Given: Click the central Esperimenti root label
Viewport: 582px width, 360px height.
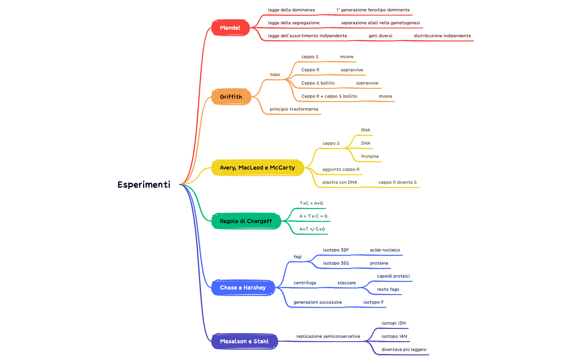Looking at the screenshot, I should pos(144,185).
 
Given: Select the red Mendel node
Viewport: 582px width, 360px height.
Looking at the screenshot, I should pos(230,28).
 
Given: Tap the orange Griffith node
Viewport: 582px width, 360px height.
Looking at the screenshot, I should pos(231,97).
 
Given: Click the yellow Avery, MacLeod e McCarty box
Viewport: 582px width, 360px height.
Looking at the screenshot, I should pos(257,167).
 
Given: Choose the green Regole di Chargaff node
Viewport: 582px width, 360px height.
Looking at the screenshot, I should pos(246,221).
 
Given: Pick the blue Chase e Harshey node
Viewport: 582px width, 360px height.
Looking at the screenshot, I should pos(243,288).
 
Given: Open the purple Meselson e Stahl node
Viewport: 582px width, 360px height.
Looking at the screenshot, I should pos(244,341).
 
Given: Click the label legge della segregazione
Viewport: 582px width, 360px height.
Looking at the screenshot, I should pos(294,23).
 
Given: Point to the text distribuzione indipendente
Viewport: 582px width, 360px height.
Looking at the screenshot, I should pos(442,36).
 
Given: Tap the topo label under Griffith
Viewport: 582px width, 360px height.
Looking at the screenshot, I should pos(275,74).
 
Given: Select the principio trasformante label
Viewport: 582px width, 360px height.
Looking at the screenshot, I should pos(294,109).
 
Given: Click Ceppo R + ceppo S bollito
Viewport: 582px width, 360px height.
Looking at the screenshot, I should pos(329,96).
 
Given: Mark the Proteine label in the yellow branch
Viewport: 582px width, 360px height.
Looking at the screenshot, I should pos(370,156).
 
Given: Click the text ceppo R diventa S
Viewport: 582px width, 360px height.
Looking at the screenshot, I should pos(397,182).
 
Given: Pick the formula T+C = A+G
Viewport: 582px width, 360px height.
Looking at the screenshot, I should pos(311,203).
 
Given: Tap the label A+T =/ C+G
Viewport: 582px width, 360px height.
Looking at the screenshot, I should pos(312,229).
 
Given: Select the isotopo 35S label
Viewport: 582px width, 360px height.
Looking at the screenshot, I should pos(336,263).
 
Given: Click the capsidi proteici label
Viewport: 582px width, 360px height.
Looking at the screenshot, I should pos(393,276).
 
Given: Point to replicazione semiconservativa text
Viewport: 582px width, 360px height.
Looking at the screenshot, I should pos(328,336).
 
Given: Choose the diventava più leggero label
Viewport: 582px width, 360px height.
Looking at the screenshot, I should pos(404,349).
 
